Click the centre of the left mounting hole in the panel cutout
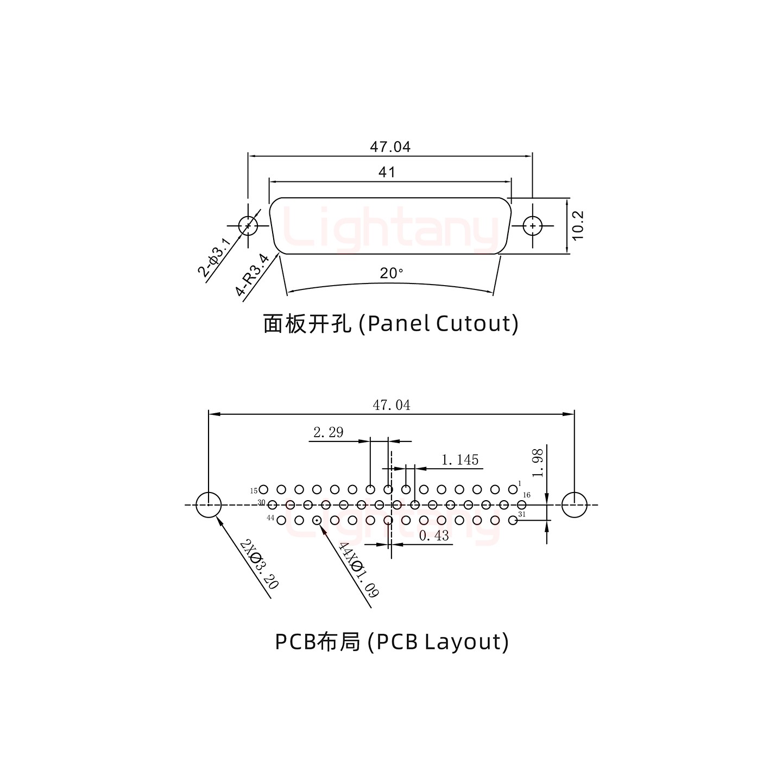tap(248, 225)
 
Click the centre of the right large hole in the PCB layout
tap(574, 505)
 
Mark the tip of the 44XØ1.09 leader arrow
tap(320, 525)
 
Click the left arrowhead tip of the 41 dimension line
tap(269, 182)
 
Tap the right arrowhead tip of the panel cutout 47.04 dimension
tap(532, 156)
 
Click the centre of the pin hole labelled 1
tap(513, 489)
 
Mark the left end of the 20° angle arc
tap(287, 292)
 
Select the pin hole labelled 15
tap(263, 489)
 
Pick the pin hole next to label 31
tap(513, 520)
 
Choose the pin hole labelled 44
tap(281, 520)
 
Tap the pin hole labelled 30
tap(272, 505)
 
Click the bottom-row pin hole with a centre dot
tap(317, 520)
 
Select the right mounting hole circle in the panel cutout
tap(532, 225)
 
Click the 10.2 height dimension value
tap(577, 225)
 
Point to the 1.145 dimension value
tap(460, 460)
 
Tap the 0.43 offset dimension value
tap(434, 535)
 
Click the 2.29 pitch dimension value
tap(329, 432)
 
